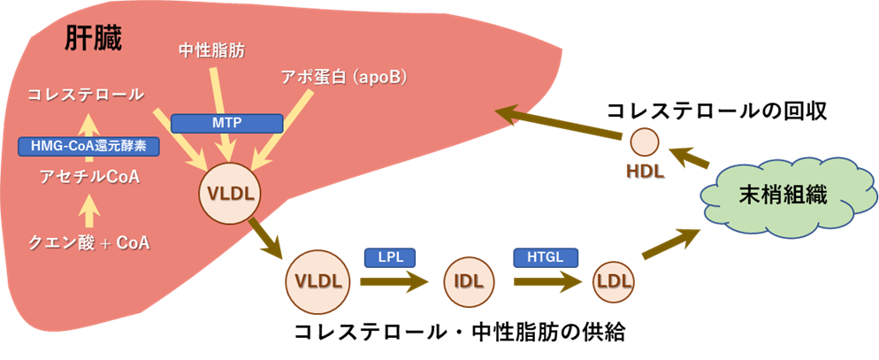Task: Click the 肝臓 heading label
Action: click(93, 38)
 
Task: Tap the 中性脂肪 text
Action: click(212, 51)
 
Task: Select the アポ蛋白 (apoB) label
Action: click(342, 77)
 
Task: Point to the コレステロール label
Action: click(85, 94)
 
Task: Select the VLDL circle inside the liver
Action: click(232, 192)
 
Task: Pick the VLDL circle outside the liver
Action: click(317, 282)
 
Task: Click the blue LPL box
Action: click(390, 257)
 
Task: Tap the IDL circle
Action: click(468, 282)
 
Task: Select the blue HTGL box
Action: click(546, 257)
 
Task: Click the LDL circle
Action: click(615, 282)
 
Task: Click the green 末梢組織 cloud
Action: click(783, 196)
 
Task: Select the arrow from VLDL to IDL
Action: click(392, 283)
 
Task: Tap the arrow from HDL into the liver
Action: click(557, 123)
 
